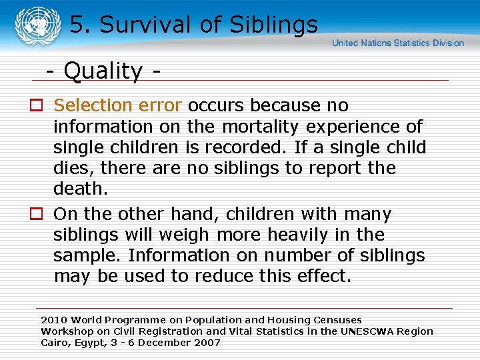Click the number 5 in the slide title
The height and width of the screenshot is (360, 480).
click(77, 25)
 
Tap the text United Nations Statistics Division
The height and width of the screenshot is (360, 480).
click(398, 43)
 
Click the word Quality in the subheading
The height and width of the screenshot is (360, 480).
click(103, 71)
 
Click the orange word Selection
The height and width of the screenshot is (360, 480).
click(93, 106)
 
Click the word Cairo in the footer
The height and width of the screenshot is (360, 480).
click(55, 343)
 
